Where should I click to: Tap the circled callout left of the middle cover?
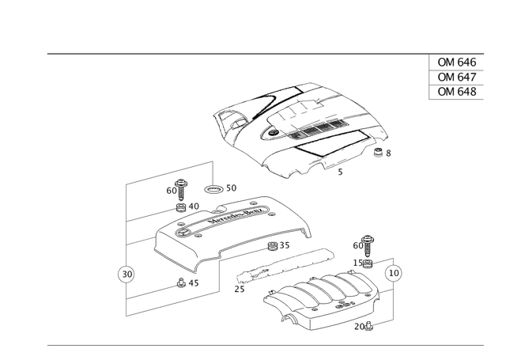(x=123, y=275)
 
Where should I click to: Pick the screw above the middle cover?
(x=182, y=189)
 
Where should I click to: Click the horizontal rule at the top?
(x=237, y=55)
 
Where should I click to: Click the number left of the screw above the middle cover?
(x=169, y=191)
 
